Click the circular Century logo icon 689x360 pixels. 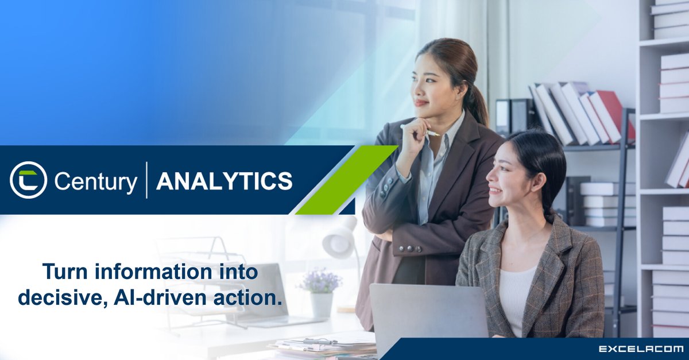point(28,180)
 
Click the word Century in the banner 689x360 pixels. point(95,181)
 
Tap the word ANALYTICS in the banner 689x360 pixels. point(224,181)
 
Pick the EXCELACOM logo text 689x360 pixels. point(641,349)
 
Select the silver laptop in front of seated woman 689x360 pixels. point(428,319)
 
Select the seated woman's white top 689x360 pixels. point(517,299)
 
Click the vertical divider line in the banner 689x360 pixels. point(146,180)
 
